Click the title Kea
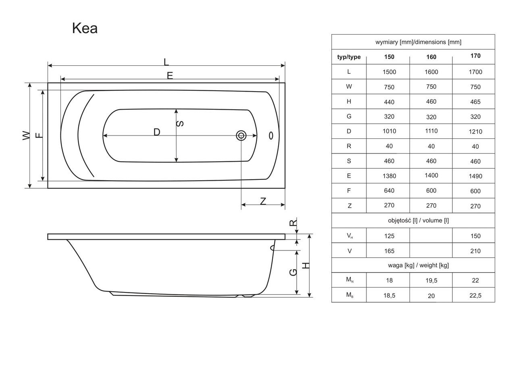click(85, 28)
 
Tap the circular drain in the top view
click(241, 136)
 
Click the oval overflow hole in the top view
click(271, 136)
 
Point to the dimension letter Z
click(263, 201)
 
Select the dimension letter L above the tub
click(166, 62)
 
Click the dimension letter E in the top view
click(170, 75)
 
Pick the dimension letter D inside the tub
click(157, 132)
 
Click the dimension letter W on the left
click(26, 135)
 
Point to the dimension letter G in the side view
click(293, 272)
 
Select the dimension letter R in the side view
click(293, 223)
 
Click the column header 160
click(431, 57)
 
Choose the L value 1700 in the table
click(475, 72)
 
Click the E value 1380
click(389, 176)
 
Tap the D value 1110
click(431, 131)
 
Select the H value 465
click(475, 102)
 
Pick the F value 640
click(389, 190)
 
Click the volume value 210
click(475, 251)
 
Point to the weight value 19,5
click(431, 280)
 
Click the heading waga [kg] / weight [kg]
click(413, 265)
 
